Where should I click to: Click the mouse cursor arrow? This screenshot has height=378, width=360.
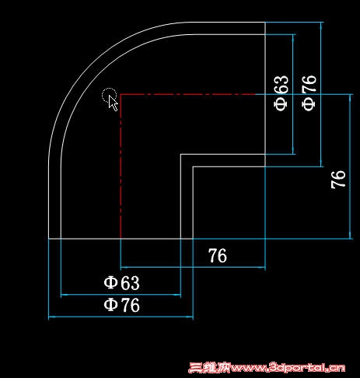click(113, 103)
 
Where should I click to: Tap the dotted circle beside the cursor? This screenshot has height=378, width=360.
click(109, 95)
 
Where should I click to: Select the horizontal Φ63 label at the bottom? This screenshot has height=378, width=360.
click(121, 282)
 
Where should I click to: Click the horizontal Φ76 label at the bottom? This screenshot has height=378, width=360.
click(121, 305)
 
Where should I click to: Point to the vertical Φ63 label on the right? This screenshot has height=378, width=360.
click(281, 93)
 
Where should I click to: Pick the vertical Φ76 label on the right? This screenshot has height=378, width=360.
click(309, 93)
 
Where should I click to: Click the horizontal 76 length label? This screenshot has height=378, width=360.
click(218, 256)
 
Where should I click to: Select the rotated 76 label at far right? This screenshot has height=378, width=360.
click(338, 179)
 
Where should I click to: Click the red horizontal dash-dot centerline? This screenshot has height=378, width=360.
click(187, 94)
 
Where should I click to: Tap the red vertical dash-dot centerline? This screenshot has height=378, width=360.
click(121, 166)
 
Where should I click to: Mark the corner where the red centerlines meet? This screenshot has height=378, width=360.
click(121, 94)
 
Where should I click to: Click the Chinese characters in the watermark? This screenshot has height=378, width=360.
click(209, 368)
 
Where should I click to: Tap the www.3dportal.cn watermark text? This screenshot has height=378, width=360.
click(288, 368)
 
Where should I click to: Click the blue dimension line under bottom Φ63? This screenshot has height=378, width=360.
click(121, 295)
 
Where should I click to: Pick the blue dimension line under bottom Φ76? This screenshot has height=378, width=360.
click(121, 317)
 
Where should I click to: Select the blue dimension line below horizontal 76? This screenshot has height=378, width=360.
click(193, 267)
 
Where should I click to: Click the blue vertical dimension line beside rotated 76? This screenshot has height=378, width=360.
click(351, 166)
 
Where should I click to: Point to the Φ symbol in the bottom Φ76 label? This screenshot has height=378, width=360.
click(110, 305)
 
